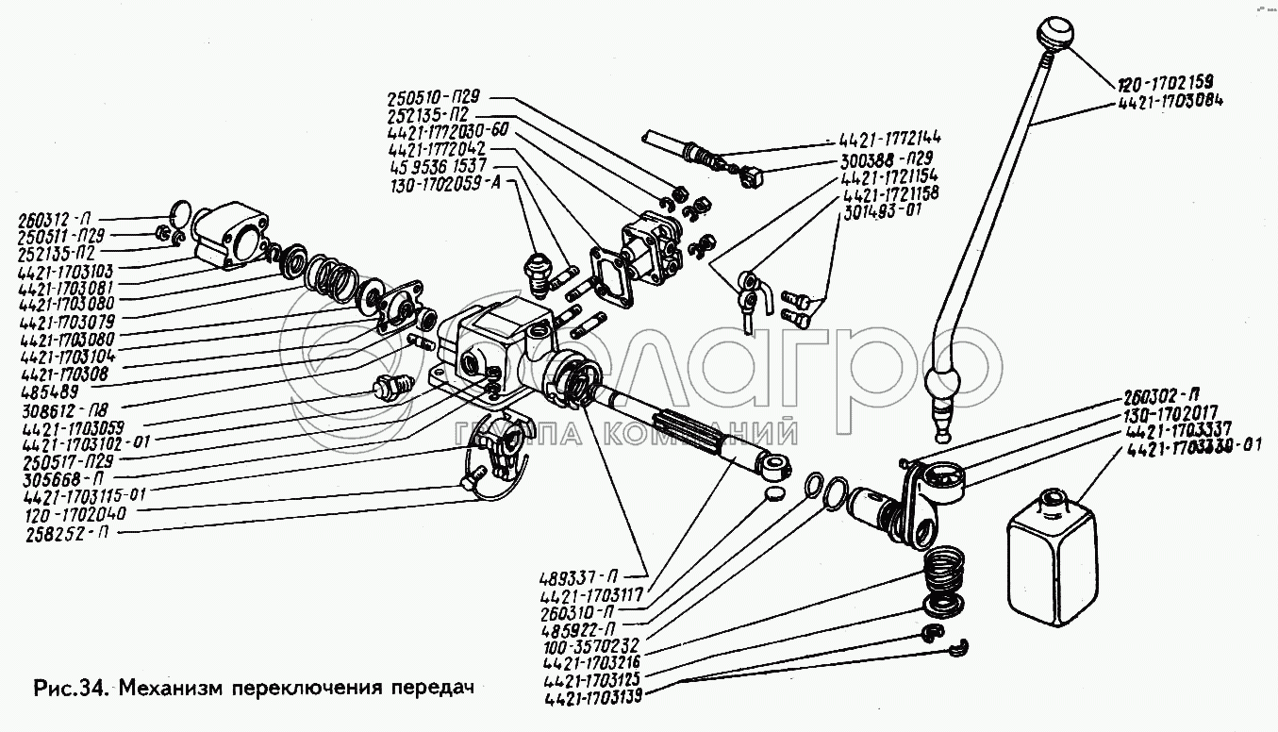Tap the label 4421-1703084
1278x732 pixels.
point(1170,99)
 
